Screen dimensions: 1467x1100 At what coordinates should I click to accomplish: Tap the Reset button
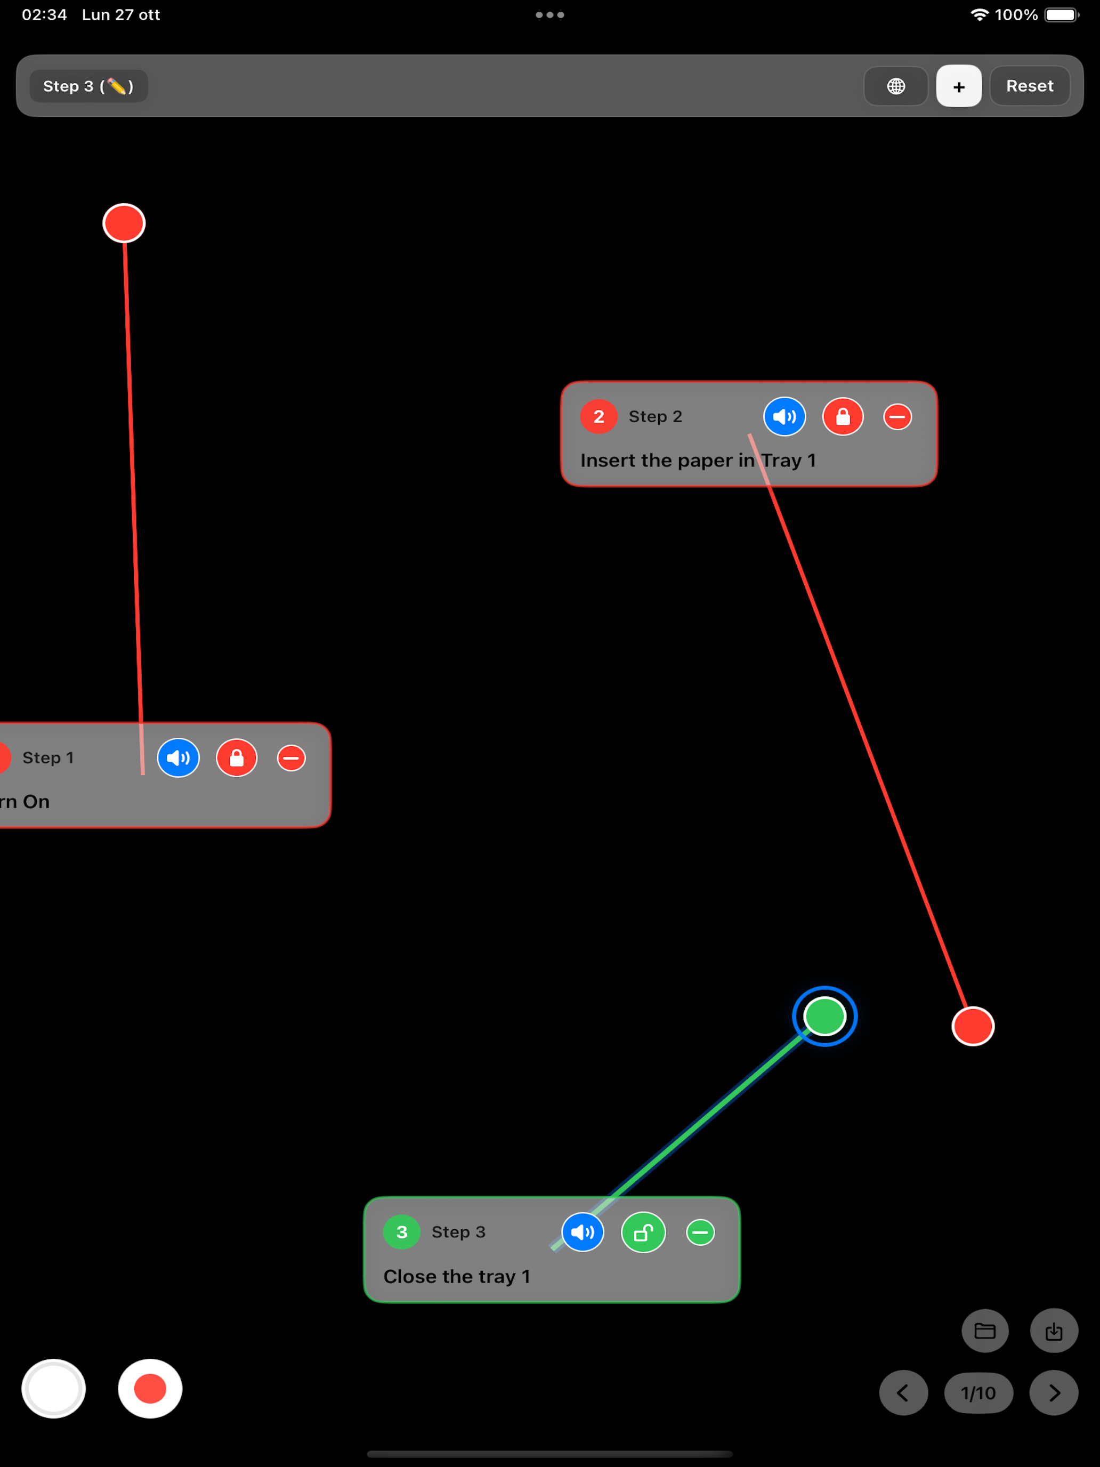(x=1029, y=86)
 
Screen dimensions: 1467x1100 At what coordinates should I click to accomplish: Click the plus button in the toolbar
(x=958, y=86)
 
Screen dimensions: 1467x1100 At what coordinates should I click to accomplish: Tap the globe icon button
(x=896, y=86)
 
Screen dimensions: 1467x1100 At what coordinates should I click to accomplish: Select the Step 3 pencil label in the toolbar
(x=88, y=86)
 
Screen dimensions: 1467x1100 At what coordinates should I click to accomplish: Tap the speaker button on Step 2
(x=784, y=416)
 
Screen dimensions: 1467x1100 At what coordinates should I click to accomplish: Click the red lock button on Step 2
(x=843, y=416)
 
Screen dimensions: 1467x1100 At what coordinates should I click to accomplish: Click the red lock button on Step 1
(x=237, y=757)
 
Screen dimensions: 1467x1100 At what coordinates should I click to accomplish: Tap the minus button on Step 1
(x=291, y=757)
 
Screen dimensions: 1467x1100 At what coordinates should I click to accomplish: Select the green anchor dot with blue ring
(x=825, y=1016)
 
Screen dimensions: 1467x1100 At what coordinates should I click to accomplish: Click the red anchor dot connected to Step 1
(x=124, y=223)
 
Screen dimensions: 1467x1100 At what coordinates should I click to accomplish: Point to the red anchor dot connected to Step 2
(x=973, y=1026)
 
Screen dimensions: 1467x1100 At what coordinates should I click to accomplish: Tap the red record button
(x=150, y=1388)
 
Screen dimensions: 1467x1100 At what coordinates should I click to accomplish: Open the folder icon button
(x=985, y=1331)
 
